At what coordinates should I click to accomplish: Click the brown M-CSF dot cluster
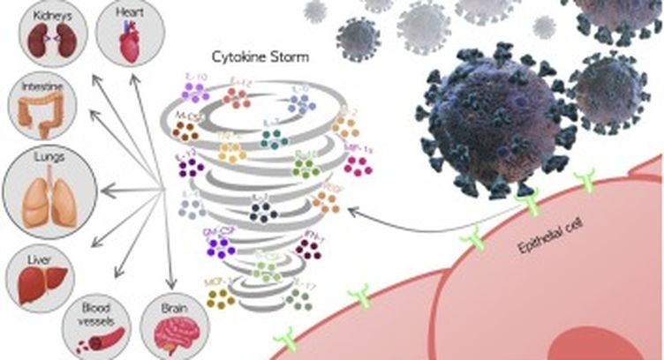(x=185, y=132)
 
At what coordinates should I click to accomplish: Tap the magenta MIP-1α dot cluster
(x=357, y=164)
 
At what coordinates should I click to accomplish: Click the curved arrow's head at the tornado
(x=351, y=211)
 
